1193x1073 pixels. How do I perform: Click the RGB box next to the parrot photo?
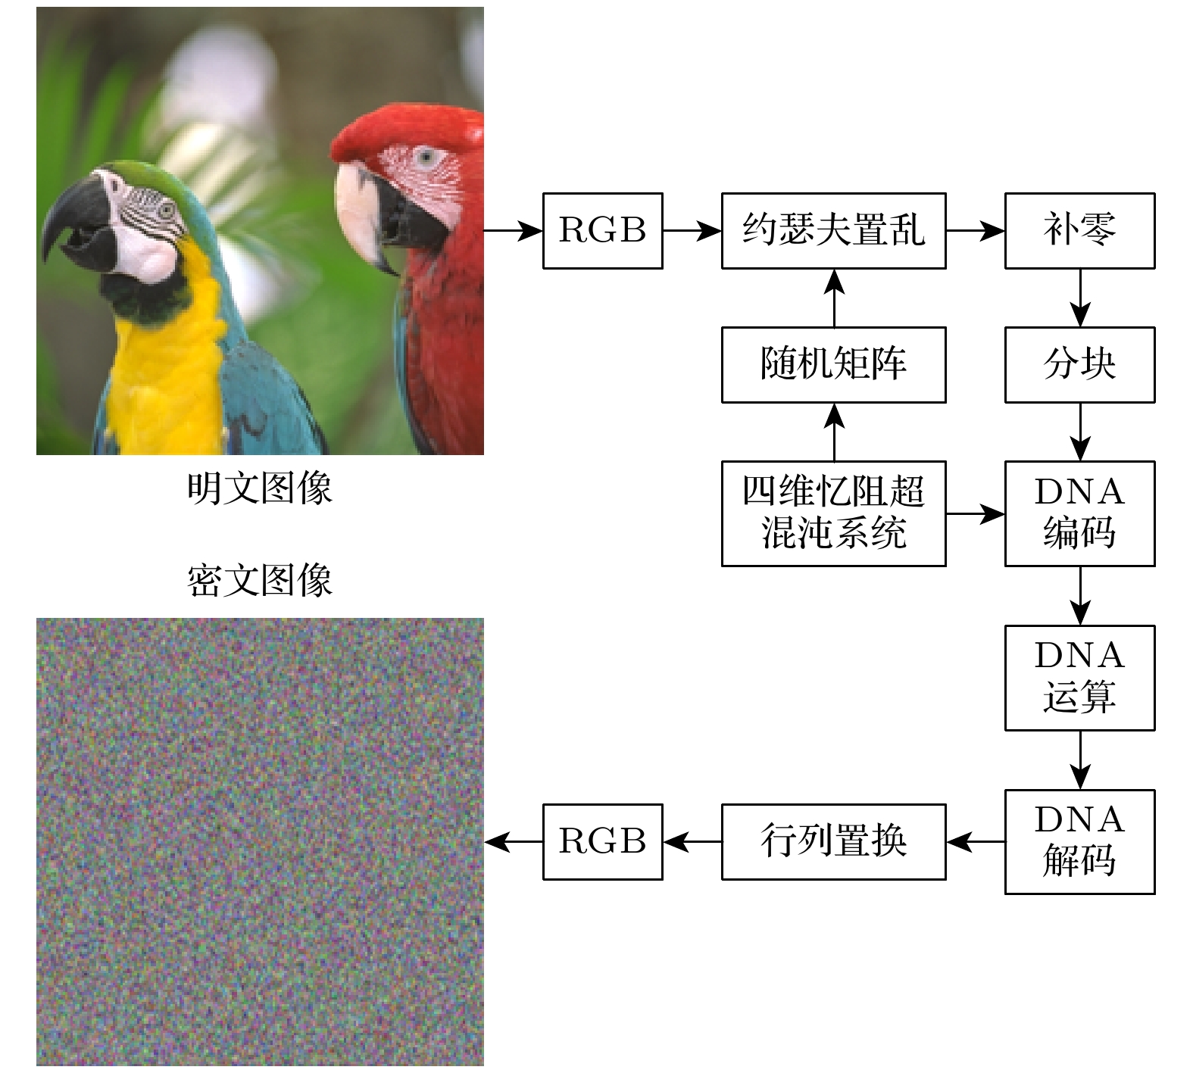[602, 230]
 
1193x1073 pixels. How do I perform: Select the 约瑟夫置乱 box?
[833, 230]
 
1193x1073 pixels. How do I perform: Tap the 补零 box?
[1079, 230]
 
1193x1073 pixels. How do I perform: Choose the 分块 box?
[1079, 364]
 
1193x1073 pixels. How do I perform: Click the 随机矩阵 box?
[833, 364]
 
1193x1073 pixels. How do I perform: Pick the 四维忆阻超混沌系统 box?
[833, 513]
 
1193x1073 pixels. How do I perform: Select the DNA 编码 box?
[1079, 513]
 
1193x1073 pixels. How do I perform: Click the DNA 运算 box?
[1079, 677]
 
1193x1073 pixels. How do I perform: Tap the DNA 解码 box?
[1079, 841]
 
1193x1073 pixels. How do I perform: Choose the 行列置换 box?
[833, 841]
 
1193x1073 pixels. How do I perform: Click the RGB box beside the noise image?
[602, 841]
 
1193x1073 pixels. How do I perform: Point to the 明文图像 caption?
[259, 488]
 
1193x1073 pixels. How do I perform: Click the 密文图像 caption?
[259, 582]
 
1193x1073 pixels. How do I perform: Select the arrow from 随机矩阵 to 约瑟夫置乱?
[834, 298]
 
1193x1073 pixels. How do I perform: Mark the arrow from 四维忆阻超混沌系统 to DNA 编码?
[975, 513]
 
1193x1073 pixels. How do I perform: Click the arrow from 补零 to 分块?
[1080, 298]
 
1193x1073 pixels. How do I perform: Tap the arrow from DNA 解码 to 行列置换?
[976, 841]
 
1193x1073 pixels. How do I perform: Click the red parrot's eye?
[426, 158]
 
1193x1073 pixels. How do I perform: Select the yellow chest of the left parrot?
[163, 363]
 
